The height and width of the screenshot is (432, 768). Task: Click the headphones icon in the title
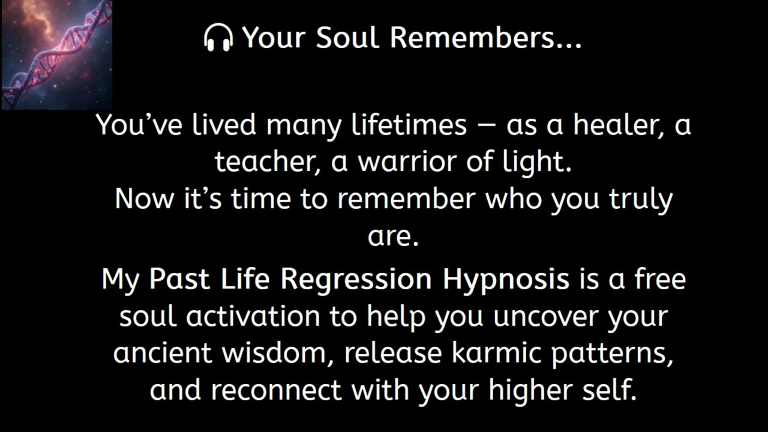point(218,38)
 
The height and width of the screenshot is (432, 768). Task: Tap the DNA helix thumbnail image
point(56,55)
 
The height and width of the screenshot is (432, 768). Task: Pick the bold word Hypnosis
point(506,280)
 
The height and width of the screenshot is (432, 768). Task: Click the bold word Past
point(178,279)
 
